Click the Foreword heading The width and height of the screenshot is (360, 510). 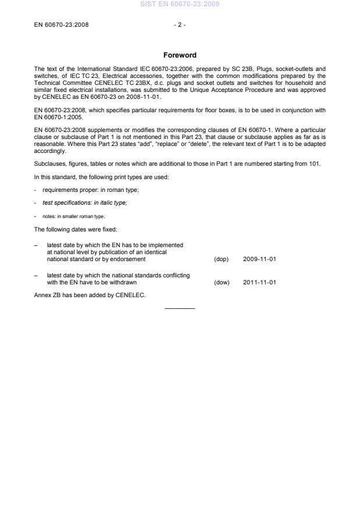pyautogui.click(x=180, y=55)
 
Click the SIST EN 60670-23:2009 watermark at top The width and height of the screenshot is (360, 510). pyautogui.click(x=180, y=5)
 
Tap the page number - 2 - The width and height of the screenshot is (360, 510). pyautogui.click(x=180, y=26)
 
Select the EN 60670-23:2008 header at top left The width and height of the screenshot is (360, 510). pyautogui.click(x=62, y=26)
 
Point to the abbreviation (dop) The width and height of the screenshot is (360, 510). pyautogui.click(x=222, y=259)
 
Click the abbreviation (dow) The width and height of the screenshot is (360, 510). pyautogui.click(x=222, y=283)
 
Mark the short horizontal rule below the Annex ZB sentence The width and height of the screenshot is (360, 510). pyautogui.click(x=180, y=308)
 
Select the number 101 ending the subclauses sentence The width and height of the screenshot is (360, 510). pyautogui.click(x=315, y=165)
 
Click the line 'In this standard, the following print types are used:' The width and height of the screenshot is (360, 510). pyautogui.click(x=101, y=177)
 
